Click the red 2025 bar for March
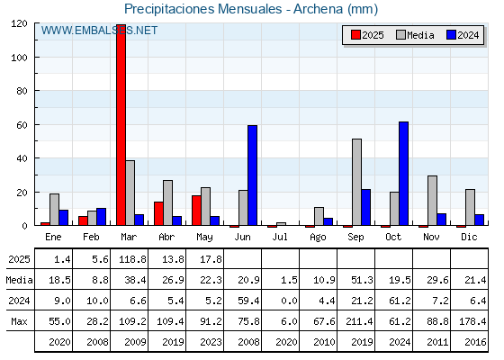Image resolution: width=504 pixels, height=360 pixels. [x=121, y=125]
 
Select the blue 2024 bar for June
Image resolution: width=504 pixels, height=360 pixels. [x=252, y=175]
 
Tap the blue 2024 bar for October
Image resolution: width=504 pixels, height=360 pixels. [x=403, y=174]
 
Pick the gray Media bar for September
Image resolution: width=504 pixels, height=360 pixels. [x=356, y=182]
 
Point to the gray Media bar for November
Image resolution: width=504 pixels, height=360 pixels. [x=432, y=201]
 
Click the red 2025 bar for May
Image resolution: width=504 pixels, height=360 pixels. [x=196, y=211]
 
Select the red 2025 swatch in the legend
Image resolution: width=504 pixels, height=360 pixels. [x=355, y=35]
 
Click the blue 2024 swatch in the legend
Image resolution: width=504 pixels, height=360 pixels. [x=451, y=35]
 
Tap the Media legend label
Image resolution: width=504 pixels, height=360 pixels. [x=420, y=35]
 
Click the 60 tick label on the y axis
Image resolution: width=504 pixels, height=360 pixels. [x=22, y=125]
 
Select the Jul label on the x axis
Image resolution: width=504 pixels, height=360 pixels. [x=280, y=237]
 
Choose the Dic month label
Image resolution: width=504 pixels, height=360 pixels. [x=469, y=237]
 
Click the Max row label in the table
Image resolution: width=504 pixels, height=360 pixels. [x=19, y=321]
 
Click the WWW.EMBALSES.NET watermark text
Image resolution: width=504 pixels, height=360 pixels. [x=99, y=31]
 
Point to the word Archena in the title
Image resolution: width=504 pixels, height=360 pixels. [x=319, y=9]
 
